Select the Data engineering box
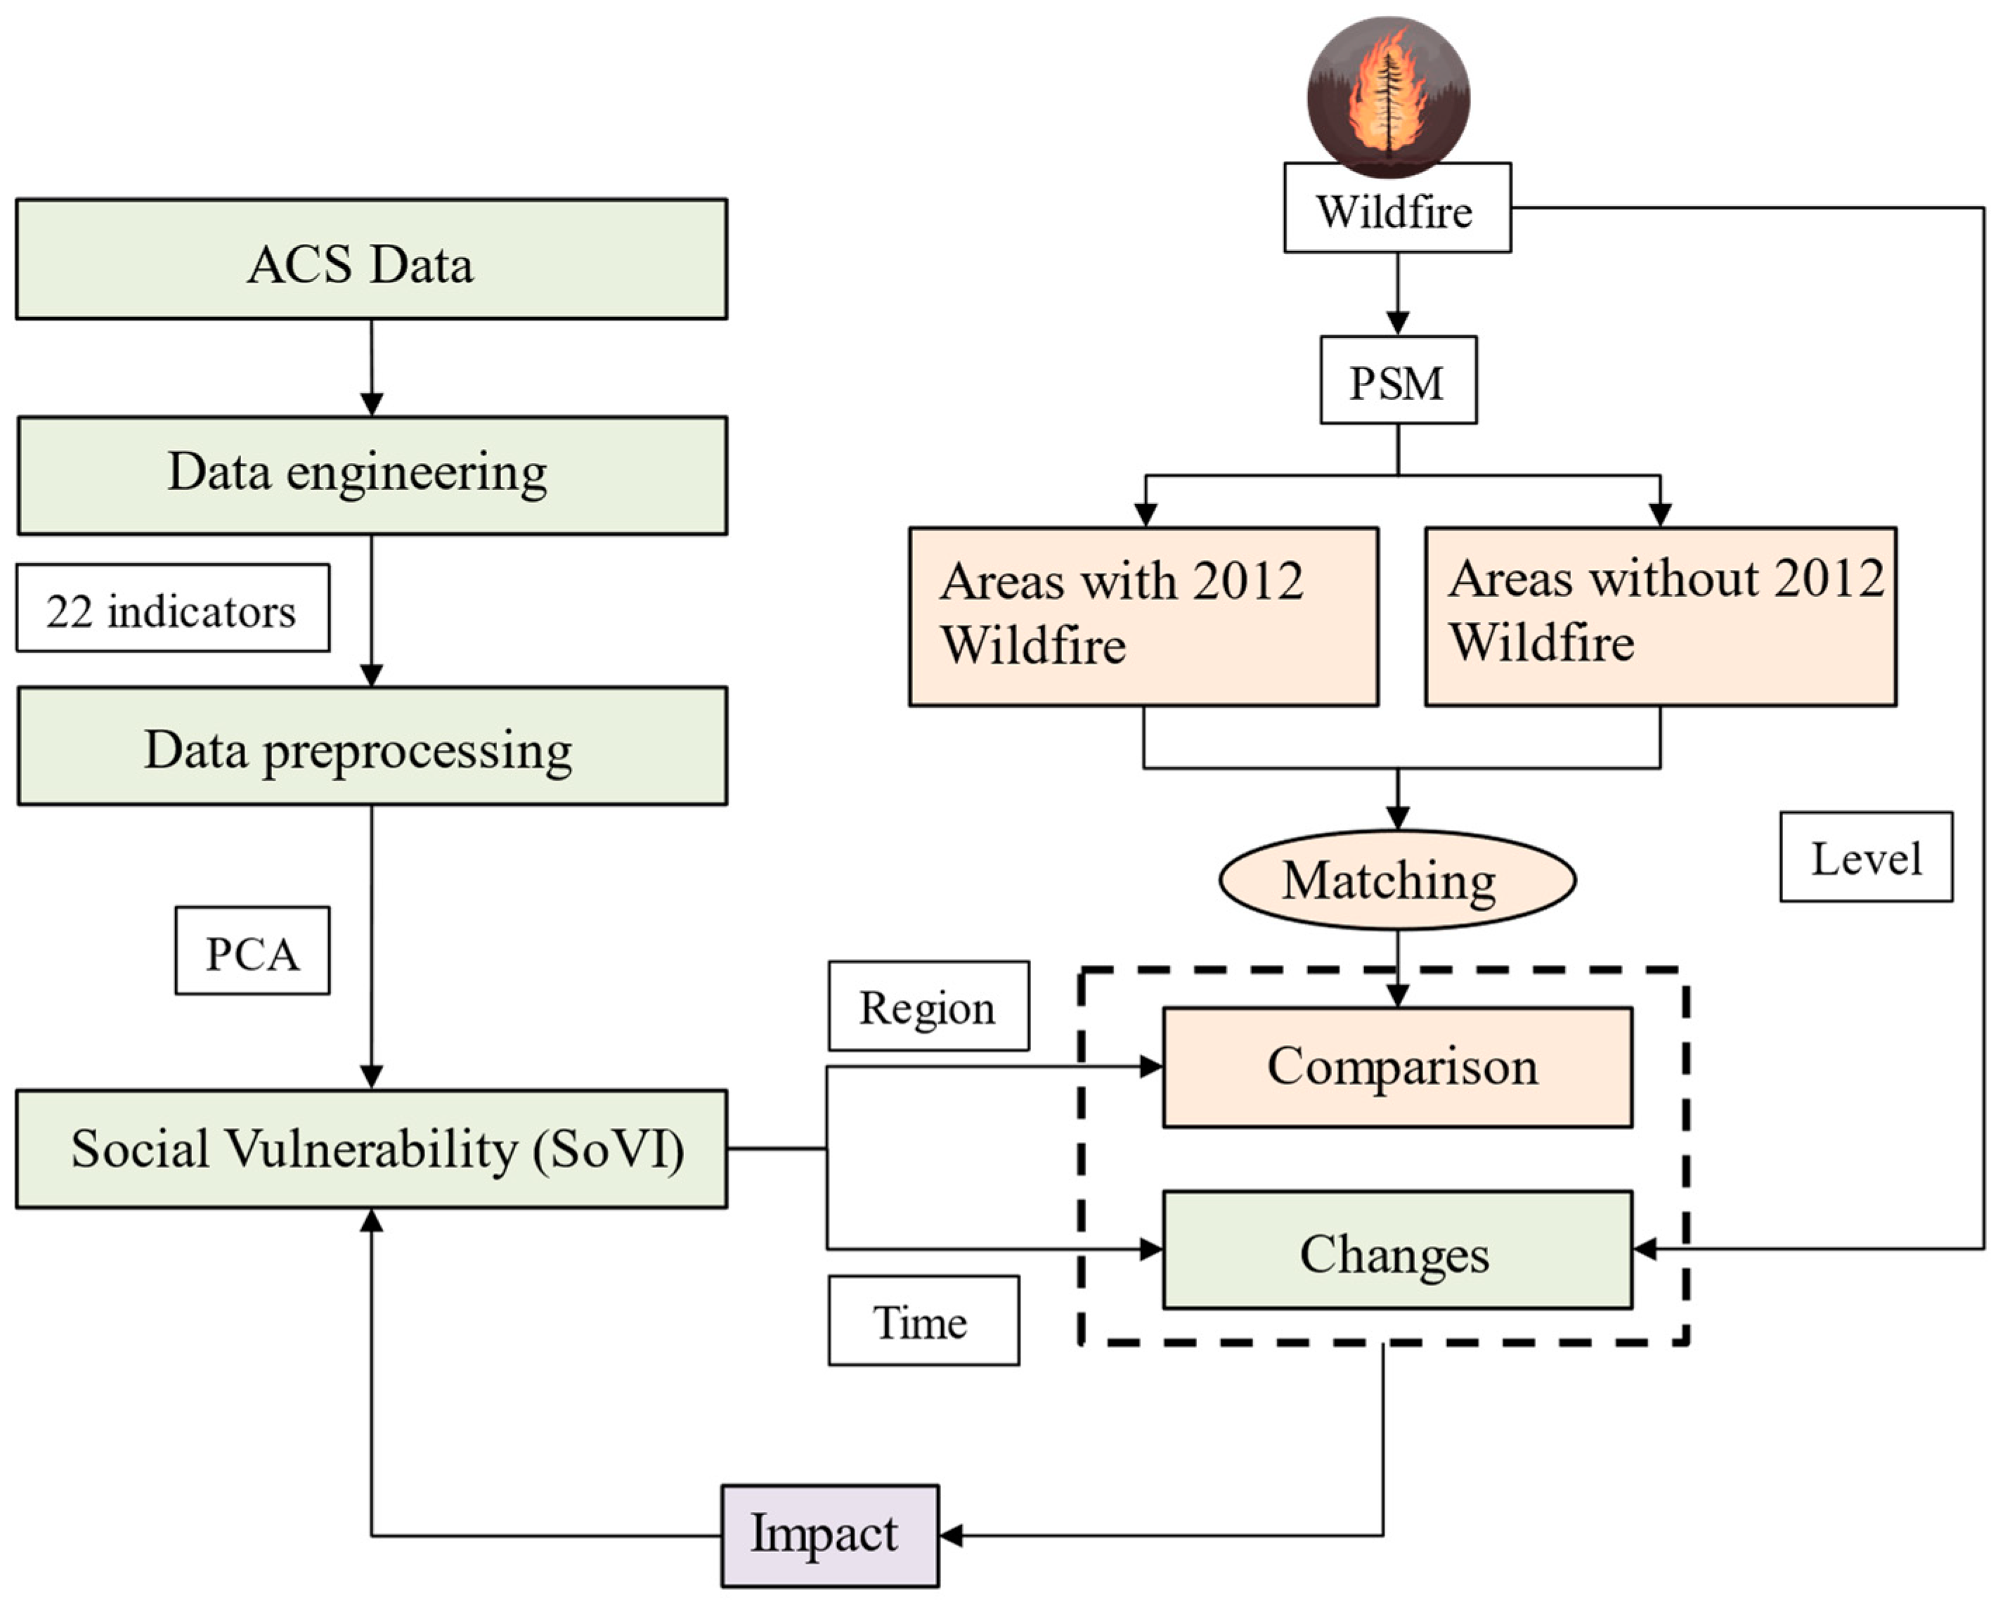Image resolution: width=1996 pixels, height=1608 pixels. (370, 475)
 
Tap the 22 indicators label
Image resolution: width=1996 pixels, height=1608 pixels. (172, 609)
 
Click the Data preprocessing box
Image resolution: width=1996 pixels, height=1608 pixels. (370, 746)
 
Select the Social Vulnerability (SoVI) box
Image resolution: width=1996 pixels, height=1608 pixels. (370, 1148)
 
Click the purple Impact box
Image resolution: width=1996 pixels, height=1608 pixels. (830, 1536)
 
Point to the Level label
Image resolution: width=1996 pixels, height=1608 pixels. (1865, 857)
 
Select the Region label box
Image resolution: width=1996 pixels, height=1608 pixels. (928, 1006)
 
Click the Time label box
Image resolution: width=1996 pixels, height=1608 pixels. (924, 1321)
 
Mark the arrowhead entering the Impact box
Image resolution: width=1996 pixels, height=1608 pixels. (951, 1536)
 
